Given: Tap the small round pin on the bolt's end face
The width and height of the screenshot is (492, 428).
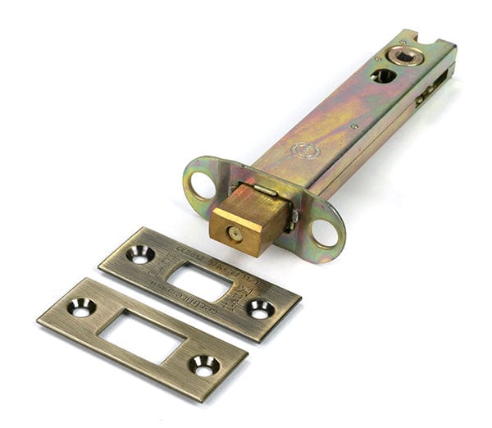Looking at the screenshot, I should coord(235,233).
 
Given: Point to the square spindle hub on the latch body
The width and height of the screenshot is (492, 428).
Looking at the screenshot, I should coord(404,55).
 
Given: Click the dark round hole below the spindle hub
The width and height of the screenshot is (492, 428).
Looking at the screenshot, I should coord(383,75).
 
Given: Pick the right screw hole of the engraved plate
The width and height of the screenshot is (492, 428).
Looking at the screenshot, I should coord(260,308).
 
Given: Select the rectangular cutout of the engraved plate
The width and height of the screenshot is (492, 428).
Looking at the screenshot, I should coord(199,282).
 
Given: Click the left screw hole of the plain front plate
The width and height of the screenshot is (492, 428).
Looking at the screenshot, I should coord(80,307).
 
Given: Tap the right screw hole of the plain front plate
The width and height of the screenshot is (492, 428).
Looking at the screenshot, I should coord(203,364).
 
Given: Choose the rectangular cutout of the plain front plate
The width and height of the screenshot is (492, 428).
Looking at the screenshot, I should coord(141,335).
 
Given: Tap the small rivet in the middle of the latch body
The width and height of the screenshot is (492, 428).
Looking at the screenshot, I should coord(353,126).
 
